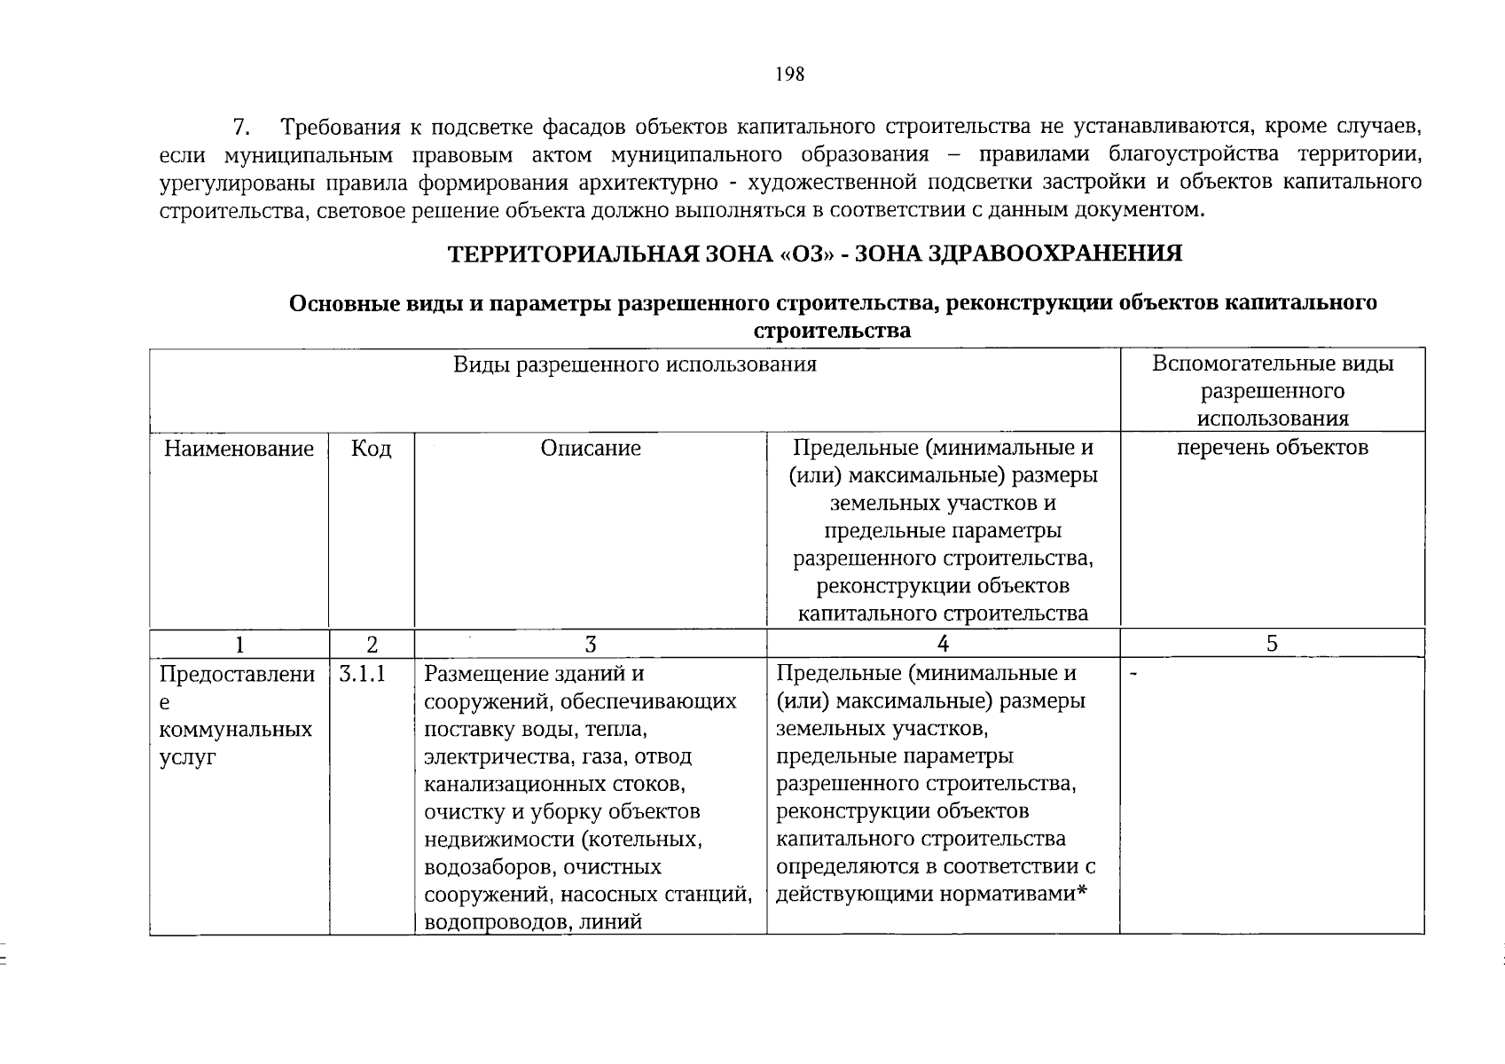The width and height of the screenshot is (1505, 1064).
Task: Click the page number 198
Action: pyautogui.click(x=788, y=74)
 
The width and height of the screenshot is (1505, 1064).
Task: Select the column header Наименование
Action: pyautogui.click(x=239, y=449)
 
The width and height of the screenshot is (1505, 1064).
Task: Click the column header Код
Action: pyautogui.click(x=371, y=449)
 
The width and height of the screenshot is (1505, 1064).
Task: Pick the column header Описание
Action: pyautogui.click(x=591, y=449)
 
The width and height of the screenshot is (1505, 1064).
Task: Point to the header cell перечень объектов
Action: pyautogui.click(x=1272, y=448)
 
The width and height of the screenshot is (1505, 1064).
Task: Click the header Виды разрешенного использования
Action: pyautogui.click(x=634, y=364)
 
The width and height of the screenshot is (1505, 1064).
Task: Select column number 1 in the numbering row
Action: pyautogui.click(x=239, y=645)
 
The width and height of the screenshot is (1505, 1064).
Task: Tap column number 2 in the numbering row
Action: pyautogui.click(x=372, y=645)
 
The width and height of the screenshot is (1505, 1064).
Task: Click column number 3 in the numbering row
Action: pyautogui.click(x=591, y=645)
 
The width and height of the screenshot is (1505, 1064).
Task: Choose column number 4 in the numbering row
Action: pyautogui.click(x=943, y=645)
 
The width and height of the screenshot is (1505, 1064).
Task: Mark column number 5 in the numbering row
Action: pyautogui.click(x=1272, y=645)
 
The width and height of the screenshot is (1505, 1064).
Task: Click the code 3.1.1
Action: pyautogui.click(x=362, y=674)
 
